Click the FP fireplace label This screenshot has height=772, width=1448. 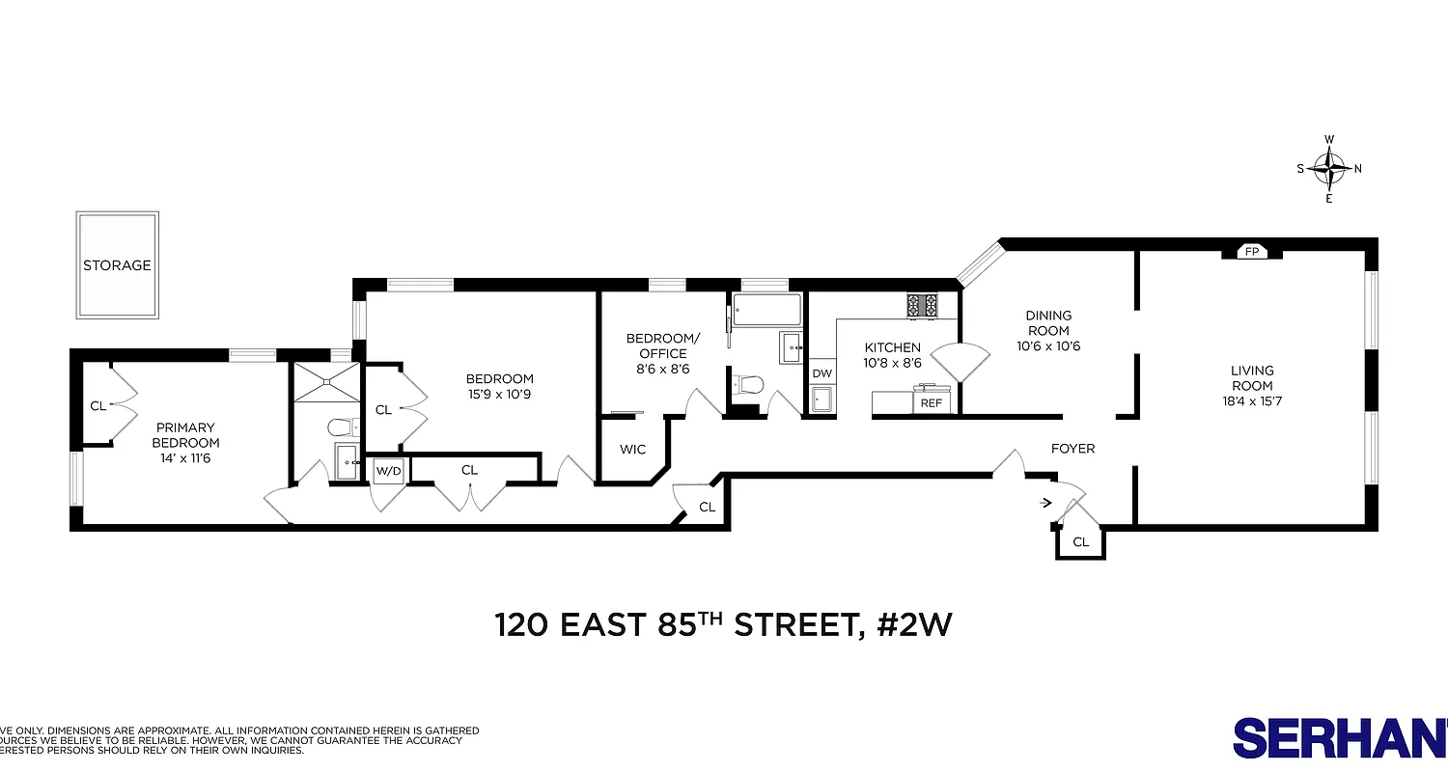[1252, 252]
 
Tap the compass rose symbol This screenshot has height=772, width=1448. [1329, 169]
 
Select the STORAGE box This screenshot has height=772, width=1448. [117, 265]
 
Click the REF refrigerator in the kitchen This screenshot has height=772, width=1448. [931, 402]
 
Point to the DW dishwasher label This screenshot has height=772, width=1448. [821, 373]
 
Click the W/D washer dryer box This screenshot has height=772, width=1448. [388, 471]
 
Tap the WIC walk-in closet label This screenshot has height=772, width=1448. [632, 450]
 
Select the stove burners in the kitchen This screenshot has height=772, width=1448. [922, 306]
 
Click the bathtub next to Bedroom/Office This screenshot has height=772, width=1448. [766, 311]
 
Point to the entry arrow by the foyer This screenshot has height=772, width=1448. [1046, 502]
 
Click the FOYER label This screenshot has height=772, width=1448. [1072, 449]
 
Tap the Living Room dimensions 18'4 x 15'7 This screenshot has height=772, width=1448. [1252, 386]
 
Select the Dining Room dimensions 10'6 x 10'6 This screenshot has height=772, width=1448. [1048, 346]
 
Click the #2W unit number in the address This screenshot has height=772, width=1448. [914, 625]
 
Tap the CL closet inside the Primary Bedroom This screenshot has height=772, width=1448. [97, 405]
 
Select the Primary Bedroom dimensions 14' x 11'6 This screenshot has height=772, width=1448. [185, 457]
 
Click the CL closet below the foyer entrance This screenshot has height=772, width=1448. [1080, 542]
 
